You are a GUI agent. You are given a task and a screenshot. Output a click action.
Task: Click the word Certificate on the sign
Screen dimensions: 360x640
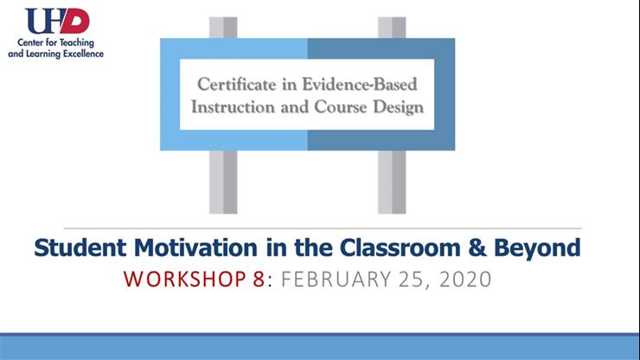[233, 86]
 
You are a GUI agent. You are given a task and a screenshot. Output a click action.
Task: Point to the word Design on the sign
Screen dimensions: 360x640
[399, 108]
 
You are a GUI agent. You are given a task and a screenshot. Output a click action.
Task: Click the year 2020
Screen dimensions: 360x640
[459, 280]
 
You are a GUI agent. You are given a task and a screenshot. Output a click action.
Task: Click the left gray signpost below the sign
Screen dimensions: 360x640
[223, 182]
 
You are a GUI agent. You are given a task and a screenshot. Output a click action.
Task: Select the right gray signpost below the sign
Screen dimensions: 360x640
[391, 182]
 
